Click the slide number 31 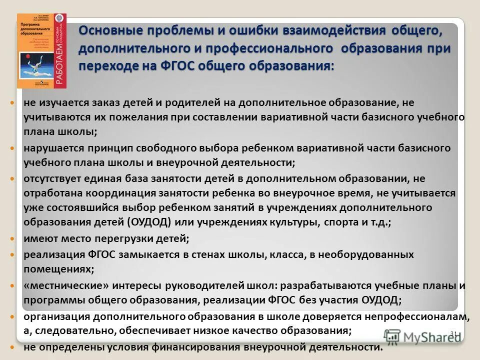(454, 333)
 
